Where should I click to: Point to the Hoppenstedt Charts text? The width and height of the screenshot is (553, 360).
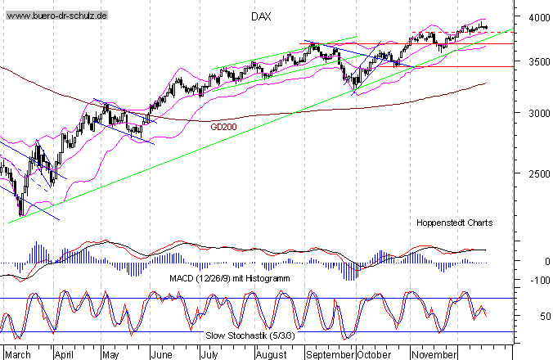tap(455, 222)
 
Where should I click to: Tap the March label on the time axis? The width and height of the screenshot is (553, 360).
tap(17, 355)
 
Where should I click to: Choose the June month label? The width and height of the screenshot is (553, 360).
tap(163, 355)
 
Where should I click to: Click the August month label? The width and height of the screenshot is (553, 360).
tap(271, 355)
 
